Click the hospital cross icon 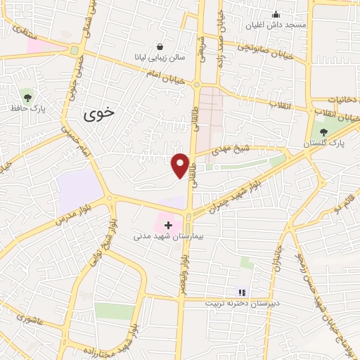pos(168,226)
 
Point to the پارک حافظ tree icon pos(27,96)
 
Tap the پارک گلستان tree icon pos(324,131)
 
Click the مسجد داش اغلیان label pos(276,25)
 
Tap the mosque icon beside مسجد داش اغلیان pos(276,14)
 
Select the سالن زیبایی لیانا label pos(160,57)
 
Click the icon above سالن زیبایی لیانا pos(161,46)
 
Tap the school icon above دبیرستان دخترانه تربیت pos(242,292)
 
